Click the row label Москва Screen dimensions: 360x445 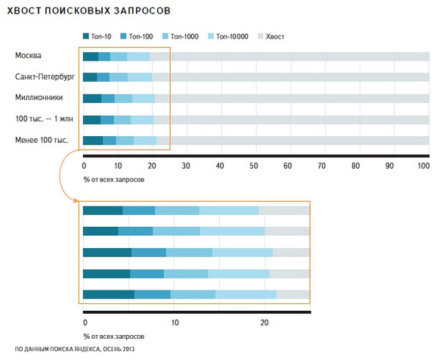(x=28, y=56)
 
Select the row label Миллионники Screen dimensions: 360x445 (x=36, y=98)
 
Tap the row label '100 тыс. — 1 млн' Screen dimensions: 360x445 (x=42, y=119)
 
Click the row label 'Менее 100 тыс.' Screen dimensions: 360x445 (x=40, y=140)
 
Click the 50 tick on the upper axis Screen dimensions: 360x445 (x=253, y=166)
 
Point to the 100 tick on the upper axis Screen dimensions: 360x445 (x=424, y=166)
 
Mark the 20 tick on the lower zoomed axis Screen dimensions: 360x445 (x=264, y=321)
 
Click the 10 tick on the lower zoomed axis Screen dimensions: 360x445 (x=174, y=321)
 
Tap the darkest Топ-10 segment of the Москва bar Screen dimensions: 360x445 (x=91, y=56)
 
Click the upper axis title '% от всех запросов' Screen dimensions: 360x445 (x=112, y=179)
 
